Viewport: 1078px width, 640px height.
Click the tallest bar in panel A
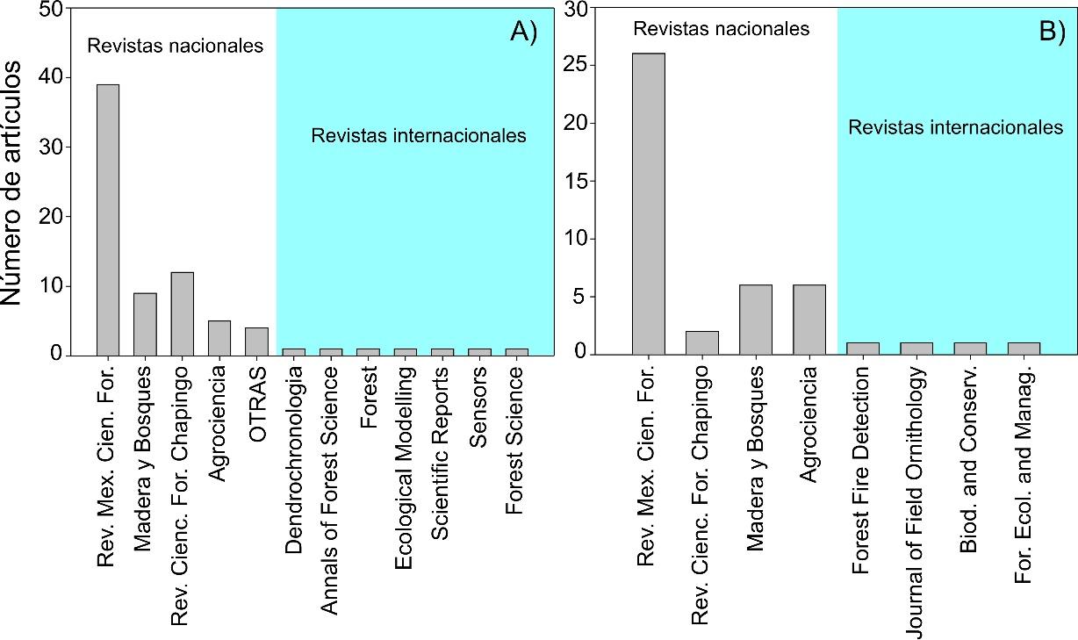click(x=108, y=219)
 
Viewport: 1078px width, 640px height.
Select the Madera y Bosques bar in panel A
click(x=145, y=323)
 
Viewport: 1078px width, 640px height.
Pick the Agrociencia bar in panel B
click(x=808, y=320)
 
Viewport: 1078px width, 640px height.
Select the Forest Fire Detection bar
click(x=862, y=349)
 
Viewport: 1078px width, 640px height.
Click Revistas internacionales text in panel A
click(x=419, y=135)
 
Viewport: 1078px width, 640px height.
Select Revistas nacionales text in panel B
click(x=721, y=29)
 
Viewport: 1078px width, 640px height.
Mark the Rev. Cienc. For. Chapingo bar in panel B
click(x=701, y=342)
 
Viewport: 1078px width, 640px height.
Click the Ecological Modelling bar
click(x=406, y=351)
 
